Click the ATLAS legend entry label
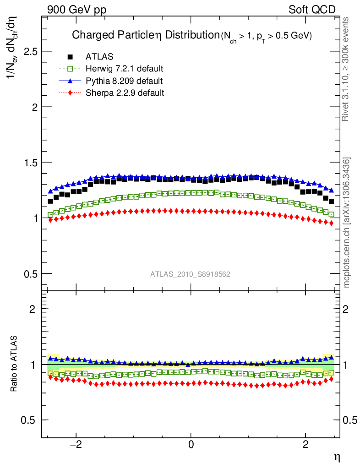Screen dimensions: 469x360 coord(99,57)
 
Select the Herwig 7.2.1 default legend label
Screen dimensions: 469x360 coord(125,69)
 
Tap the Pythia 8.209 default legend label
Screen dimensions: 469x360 coord(124,81)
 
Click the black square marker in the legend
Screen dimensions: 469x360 coord(70,57)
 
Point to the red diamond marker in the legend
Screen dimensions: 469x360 coord(70,93)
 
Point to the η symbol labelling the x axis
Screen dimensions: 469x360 coord(337,457)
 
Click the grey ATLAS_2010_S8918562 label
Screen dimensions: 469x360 coord(191,274)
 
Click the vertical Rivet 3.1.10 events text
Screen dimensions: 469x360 coord(346,69)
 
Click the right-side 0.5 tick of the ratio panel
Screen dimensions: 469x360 coord(350,420)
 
